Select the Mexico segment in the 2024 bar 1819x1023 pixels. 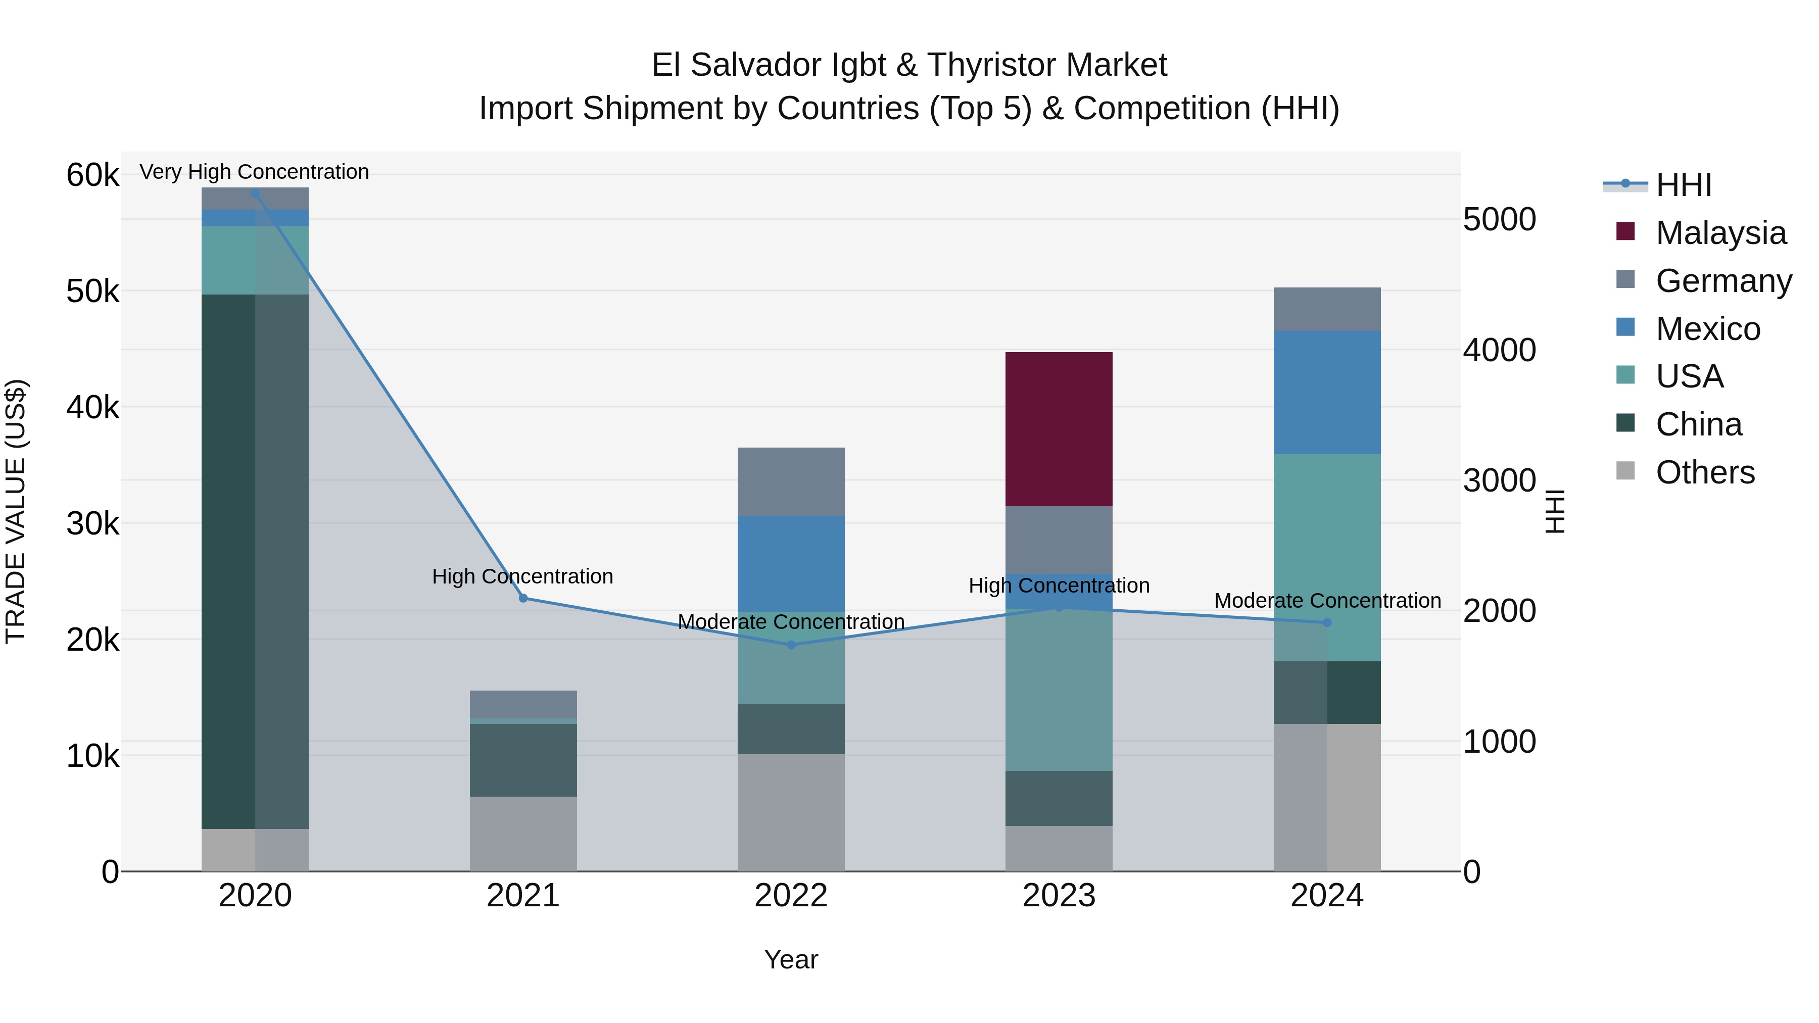(1327, 393)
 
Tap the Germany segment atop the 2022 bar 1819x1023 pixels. (791, 481)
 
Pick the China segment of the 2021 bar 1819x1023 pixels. (523, 760)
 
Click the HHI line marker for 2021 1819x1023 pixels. (523, 598)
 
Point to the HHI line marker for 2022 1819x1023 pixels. (791, 645)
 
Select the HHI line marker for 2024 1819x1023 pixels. (1327, 622)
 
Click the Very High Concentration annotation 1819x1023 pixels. (254, 172)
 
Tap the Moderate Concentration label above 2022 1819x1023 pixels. (791, 621)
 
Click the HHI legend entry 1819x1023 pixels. (1684, 185)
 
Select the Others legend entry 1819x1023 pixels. (1705, 472)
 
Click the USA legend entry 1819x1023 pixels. (1689, 376)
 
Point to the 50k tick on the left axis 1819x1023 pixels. (92, 291)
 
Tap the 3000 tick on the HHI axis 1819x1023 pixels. (1499, 481)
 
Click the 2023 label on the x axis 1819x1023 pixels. (1059, 896)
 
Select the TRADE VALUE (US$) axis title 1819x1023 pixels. (16, 511)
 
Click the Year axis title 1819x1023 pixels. (791, 959)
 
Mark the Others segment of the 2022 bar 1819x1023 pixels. (791, 812)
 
